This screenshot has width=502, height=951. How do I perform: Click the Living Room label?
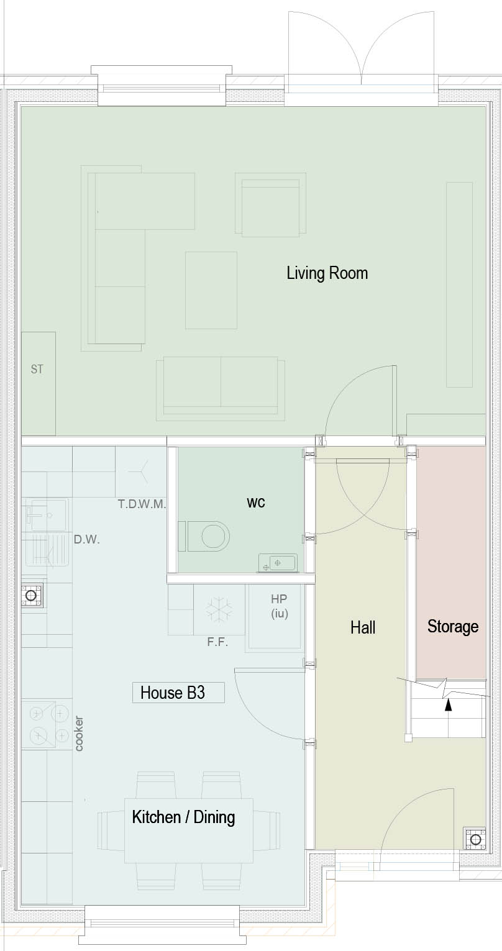pos(327,273)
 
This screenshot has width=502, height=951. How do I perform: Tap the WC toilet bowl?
pos(208,537)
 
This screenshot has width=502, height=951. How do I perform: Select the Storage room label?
pos(453,626)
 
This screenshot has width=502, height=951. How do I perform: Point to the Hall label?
pos(363,627)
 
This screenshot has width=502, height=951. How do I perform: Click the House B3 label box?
pos(178,693)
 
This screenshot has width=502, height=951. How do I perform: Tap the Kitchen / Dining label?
pos(183,816)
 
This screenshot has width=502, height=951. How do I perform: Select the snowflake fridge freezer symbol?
pos(219,609)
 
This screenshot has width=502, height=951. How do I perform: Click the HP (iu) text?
pos(279,606)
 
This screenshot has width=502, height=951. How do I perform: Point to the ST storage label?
pos(37,370)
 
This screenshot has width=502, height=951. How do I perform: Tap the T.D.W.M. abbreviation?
pos(142,504)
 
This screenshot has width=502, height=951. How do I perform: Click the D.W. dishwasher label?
pos(86,540)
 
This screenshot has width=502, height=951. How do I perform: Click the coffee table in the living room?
pos(211,291)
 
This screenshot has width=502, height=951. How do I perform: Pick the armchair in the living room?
pos(271,203)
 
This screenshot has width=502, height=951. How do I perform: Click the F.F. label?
pos(217,642)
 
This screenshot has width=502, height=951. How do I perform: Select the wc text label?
pos(256,503)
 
